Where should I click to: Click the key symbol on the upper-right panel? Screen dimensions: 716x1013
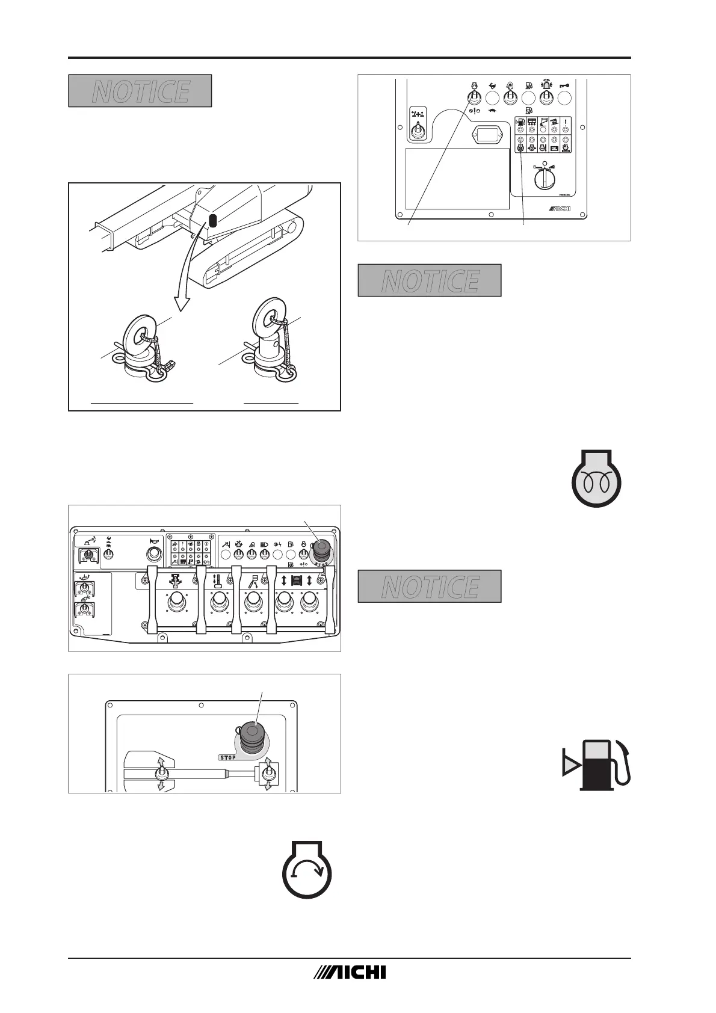pyautogui.click(x=565, y=85)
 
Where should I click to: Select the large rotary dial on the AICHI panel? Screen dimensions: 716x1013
pyautogui.click(x=545, y=177)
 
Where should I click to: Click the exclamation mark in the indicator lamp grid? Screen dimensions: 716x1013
pyautogui.click(x=566, y=123)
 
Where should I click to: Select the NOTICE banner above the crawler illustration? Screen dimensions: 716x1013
pyautogui.click(x=140, y=91)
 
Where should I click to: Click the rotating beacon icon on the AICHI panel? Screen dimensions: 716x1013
pyautogui.click(x=546, y=85)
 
